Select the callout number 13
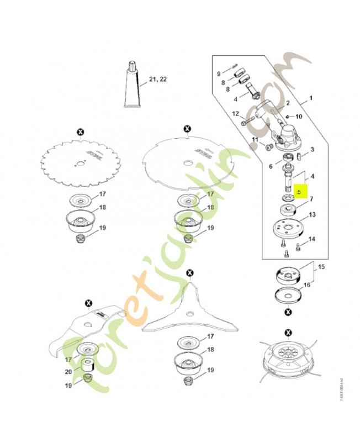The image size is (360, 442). coord(312,214)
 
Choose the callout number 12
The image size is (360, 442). coord(236,114)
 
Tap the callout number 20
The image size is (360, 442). coord(68,372)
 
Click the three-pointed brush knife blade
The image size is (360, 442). coord(189,312)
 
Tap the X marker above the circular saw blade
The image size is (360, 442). coord(81,131)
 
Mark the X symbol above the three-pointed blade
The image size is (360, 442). coord(190,273)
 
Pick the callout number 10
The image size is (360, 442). coord(299,117)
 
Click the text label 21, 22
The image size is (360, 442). coord(156,80)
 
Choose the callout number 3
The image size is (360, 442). coord(312,149)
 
